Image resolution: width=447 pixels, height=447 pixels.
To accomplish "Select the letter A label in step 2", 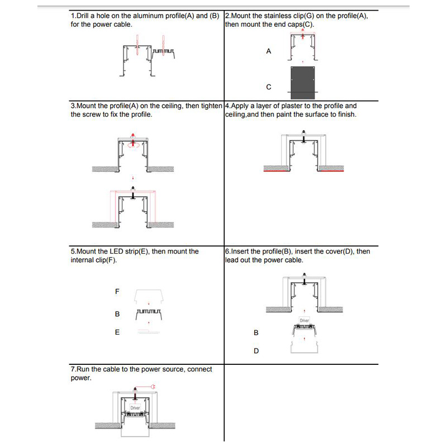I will pyautogui.click(x=269, y=51).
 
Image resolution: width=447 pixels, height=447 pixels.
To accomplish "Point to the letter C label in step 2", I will pyautogui.click(x=269, y=87).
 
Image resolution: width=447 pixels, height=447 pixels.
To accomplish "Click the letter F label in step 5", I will pyautogui.click(x=117, y=292).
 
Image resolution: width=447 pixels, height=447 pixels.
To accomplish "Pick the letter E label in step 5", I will pyautogui.click(x=117, y=332).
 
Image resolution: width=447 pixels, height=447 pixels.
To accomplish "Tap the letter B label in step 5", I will pyautogui.click(x=117, y=314).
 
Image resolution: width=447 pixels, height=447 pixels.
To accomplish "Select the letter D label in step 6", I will pyautogui.click(x=256, y=351).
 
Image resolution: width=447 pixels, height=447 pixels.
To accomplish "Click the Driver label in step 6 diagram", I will pyautogui.click(x=304, y=320).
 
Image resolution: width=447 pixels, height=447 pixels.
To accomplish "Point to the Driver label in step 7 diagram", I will pyautogui.click(x=135, y=408).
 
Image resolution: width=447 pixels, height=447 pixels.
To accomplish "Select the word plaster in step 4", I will pyautogui.click(x=307, y=106).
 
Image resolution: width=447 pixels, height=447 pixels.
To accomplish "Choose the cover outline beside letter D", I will pyautogui.click(x=303, y=348).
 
